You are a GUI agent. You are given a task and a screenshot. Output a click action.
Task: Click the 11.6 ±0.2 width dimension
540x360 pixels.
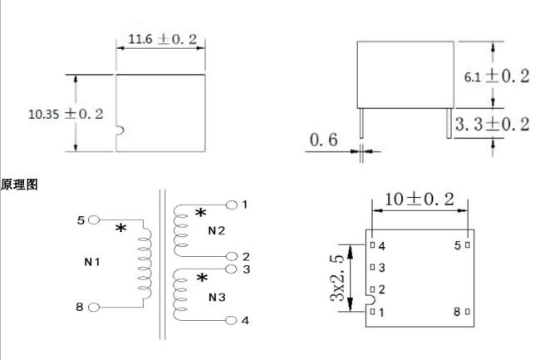[x=163, y=39]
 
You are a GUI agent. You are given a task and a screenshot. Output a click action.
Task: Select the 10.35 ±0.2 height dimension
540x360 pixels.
[x=66, y=114]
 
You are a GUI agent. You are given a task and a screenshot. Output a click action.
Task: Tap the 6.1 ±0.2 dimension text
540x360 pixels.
[x=497, y=76]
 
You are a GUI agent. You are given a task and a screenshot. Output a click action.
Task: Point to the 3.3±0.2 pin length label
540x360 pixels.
[x=492, y=124]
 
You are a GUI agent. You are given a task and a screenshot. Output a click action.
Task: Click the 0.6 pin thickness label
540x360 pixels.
[x=324, y=140]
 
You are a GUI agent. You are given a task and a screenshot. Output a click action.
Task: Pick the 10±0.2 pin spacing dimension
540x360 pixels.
[x=419, y=199]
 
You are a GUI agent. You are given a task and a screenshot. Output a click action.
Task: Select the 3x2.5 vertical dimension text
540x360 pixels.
[x=337, y=279]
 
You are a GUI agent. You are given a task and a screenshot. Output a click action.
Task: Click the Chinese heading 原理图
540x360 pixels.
[x=19, y=185]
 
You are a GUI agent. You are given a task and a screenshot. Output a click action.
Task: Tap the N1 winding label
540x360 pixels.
[x=92, y=262]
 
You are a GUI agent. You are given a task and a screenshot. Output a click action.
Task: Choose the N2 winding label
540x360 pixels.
[x=217, y=230]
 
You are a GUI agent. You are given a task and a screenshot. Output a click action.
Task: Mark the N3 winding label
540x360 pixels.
[x=217, y=297]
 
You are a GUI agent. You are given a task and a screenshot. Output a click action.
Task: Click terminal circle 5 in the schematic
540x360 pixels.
[x=94, y=219]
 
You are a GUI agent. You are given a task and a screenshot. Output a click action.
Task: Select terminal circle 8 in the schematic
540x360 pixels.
[x=94, y=308]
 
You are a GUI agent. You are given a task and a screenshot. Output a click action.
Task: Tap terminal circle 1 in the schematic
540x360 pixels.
[x=232, y=205]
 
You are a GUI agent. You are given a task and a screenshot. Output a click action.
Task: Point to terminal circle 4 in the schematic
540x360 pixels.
[x=231, y=321]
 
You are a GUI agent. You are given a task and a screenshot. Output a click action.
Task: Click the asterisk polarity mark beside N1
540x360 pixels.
[x=121, y=228]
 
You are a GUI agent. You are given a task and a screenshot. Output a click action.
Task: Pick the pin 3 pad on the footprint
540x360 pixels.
[x=372, y=267]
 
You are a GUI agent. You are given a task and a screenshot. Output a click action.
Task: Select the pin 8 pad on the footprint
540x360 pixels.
[x=468, y=312]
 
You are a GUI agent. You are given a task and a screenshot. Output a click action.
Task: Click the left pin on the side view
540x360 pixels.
[x=361, y=123]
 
